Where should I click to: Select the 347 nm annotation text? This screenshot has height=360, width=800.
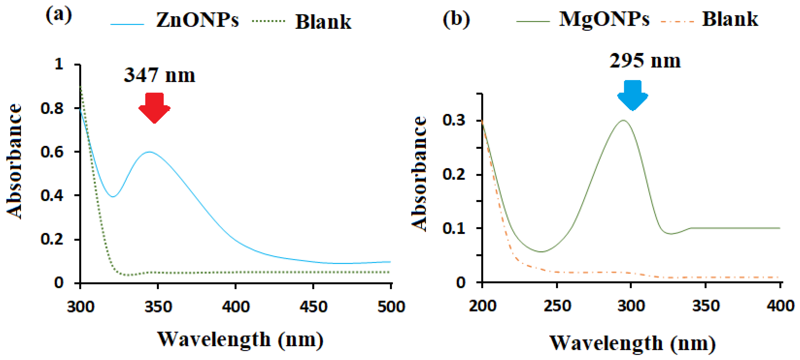coord(159,75)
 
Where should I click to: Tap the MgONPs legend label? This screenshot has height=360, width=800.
coord(604,19)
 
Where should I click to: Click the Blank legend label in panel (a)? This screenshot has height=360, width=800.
coord(323,22)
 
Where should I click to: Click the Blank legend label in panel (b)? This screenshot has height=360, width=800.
coord(730,19)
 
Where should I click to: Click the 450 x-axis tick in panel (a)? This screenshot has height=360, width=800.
coord(313,307)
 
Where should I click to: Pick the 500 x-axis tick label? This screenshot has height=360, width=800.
coord(391,307)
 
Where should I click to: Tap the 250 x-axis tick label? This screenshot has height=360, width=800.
coord(557,306)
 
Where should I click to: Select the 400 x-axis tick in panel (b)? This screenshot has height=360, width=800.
coord(780,306)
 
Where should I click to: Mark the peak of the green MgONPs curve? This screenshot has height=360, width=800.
coord(623,120)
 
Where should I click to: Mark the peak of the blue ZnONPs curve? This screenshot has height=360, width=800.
coord(149,152)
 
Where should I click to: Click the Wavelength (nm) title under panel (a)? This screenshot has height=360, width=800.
coord(241,339)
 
